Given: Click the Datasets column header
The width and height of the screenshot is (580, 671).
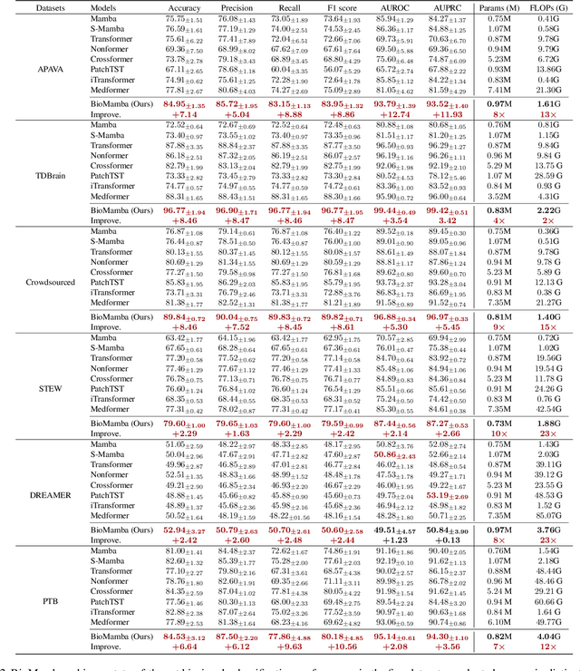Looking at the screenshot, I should (29, 7).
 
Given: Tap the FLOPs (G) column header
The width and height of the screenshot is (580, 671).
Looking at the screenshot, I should (545, 7).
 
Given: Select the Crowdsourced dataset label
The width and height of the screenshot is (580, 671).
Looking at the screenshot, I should (29, 282).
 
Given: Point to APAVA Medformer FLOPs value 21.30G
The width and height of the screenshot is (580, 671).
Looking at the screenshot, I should (545, 90).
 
